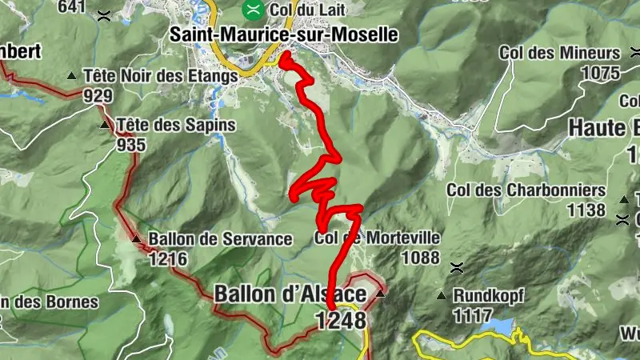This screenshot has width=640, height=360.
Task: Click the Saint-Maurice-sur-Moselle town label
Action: pos(284,34)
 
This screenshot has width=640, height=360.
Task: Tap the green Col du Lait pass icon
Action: pos(254,10)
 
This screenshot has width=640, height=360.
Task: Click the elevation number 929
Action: pos(97,95)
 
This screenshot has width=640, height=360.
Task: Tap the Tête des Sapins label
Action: pos(176,125)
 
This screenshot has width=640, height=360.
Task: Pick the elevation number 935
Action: pos(130,145)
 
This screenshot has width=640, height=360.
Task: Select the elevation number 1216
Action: pos(168,258)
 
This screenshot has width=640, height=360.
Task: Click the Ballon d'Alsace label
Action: pos(290,294)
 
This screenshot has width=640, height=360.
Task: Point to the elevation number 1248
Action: pos(340,320)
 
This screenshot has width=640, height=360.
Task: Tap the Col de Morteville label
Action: pos(377,238)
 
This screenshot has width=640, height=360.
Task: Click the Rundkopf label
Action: pos(488,295)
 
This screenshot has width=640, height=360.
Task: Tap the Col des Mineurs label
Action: pos(559,53)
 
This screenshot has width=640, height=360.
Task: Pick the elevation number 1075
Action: pos(602,73)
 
